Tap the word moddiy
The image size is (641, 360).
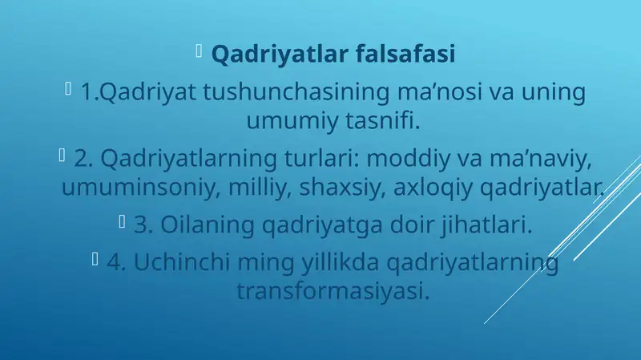click(420, 159)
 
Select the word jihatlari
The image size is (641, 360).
click(484, 225)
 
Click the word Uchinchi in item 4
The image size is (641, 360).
click(178, 262)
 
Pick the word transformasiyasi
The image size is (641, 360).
click(333, 291)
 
